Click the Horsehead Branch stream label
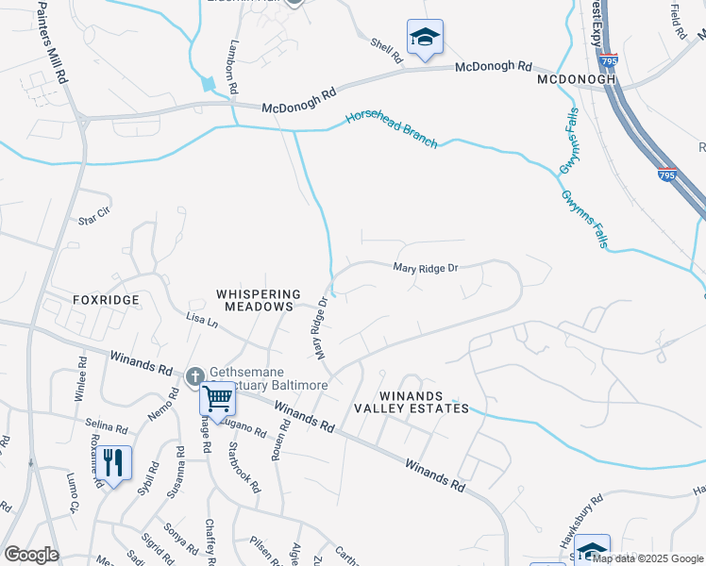pos(392,128)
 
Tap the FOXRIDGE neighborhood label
pos(106,300)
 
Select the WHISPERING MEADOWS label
pos(259,302)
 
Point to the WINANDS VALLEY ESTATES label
pos(411,402)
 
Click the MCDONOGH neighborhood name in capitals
pos(576,79)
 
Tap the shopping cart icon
pos(218,400)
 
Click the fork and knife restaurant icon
pos(113,463)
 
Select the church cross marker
pos(195,377)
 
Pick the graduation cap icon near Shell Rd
pos(425,39)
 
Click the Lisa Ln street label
pos(202,322)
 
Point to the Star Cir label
pos(94,218)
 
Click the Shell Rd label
pos(386,50)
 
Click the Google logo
pos(31,555)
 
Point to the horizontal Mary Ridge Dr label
pos(426,268)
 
